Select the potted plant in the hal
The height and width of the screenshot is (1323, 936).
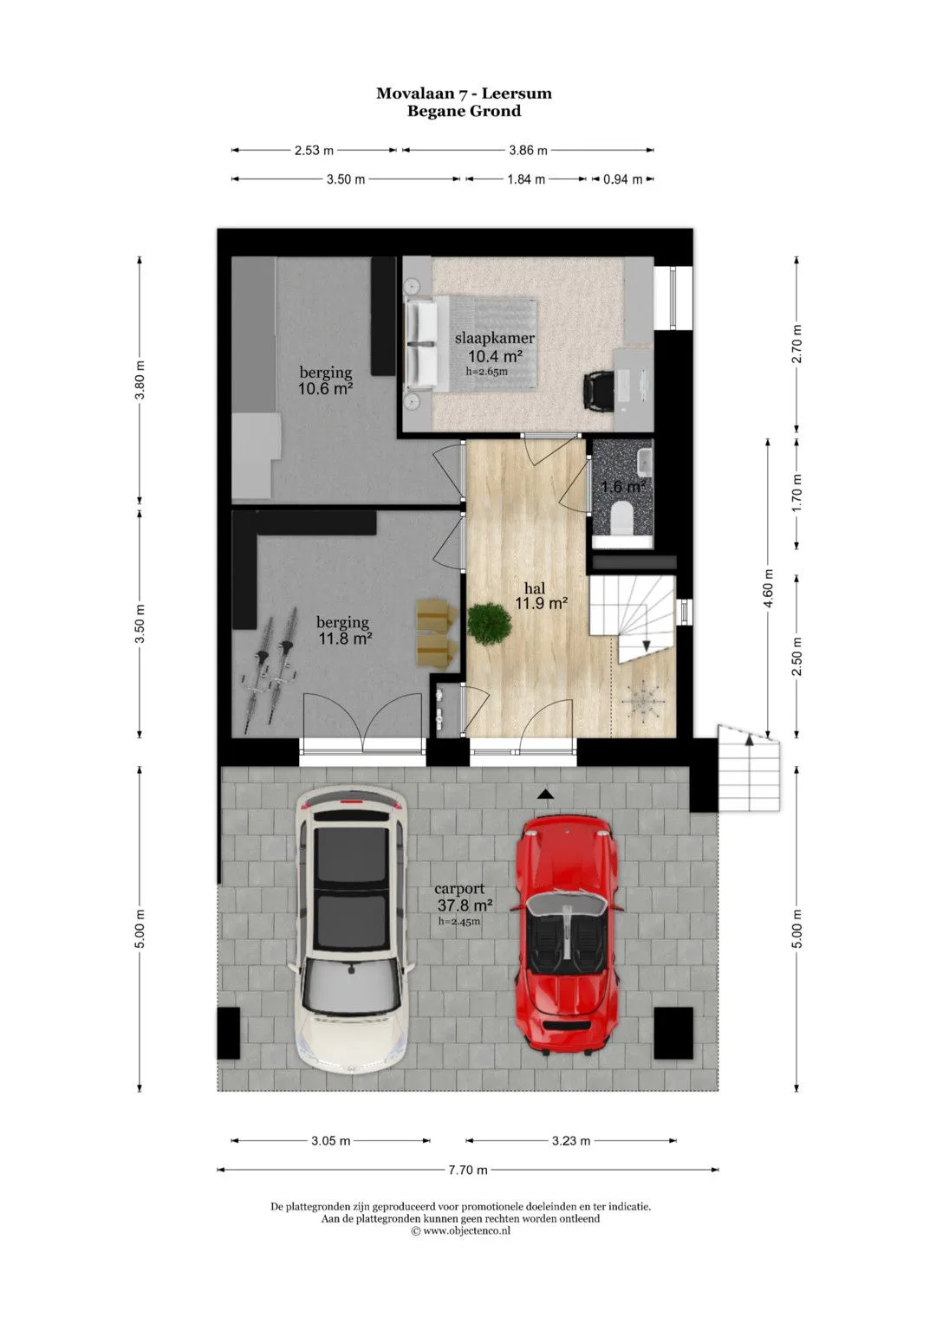(490, 623)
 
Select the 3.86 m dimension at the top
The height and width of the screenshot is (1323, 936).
(529, 150)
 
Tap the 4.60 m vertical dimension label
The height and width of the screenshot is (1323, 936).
(768, 588)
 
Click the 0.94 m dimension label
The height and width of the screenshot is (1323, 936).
(623, 179)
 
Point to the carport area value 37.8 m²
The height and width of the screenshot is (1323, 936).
(465, 905)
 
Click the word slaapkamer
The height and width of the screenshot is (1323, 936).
(495, 339)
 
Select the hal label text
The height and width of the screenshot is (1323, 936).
(535, 588)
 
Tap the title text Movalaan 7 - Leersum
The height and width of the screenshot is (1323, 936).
(465, 94)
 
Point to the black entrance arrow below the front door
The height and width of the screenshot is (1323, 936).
(545, 795)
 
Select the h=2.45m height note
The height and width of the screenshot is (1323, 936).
(458, 921)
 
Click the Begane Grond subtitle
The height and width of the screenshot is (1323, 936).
(465, 111)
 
